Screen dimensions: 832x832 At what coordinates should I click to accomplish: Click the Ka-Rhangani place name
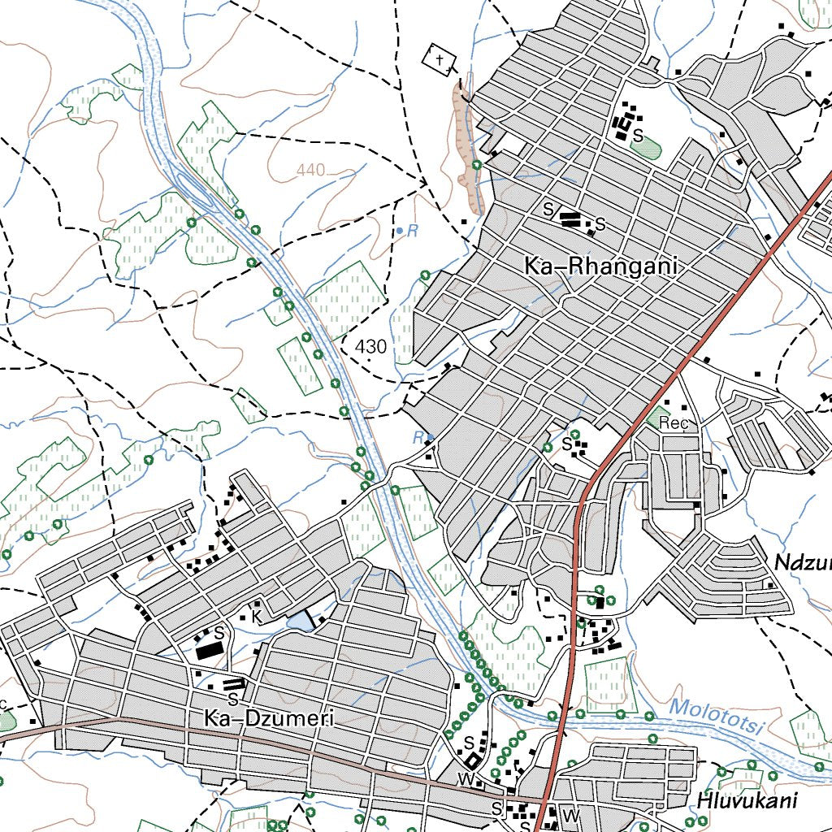(600, 266)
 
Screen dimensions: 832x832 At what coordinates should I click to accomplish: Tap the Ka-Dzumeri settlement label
(269, 717)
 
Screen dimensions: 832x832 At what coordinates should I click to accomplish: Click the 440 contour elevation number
(310, 170)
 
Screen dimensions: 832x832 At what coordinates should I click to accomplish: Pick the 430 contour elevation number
(370, 347)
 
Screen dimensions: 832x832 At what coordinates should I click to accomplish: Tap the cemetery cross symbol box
(440, 59)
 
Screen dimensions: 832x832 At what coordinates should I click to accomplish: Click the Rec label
(674, 422)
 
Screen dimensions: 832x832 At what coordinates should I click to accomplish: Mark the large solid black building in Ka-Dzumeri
(209, 650)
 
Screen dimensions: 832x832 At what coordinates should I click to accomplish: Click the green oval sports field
(647, 148)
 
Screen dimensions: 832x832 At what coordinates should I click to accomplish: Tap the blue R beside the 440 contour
(411, 231)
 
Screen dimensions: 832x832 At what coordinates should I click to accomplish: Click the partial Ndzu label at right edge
(802, 562)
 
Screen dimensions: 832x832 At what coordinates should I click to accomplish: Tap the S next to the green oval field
(639, 135)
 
